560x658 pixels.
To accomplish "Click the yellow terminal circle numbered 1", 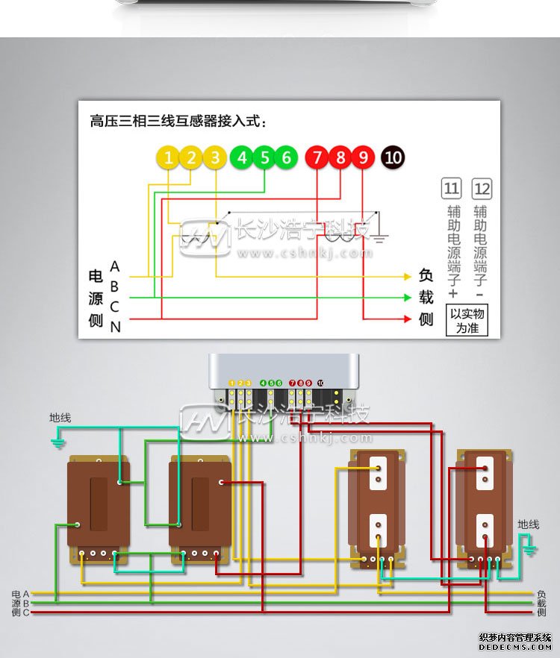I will point(169,157).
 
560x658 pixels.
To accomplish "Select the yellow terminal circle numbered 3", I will point(215,157).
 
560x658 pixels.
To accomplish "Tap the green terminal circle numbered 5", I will point(264,157).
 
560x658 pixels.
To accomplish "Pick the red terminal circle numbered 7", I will point(317,157).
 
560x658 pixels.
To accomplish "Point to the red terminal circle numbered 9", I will point(363,157).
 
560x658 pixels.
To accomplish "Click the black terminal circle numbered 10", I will point(393,157).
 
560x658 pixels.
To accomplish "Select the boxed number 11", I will point(452,188).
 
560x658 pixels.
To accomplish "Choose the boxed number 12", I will point(482,188).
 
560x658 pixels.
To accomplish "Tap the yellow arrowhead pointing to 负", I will point(407,277).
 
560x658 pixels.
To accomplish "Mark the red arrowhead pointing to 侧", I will point(407,319).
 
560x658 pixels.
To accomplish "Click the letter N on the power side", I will point(115,327).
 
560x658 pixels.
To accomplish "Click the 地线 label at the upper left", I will point(60,418).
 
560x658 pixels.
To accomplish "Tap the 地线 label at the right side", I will point(528,524).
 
